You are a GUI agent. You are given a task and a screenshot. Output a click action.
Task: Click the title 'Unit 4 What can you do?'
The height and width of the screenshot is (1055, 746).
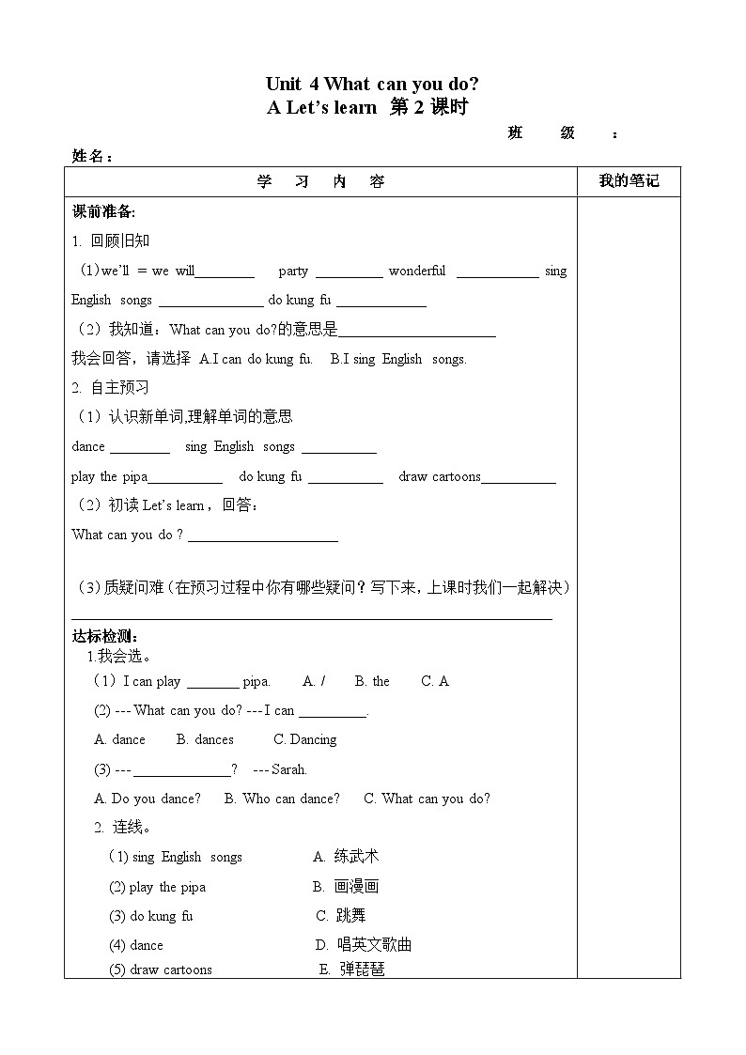pos(372,85)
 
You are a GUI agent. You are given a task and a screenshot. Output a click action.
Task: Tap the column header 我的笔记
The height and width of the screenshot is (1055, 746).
pos(629,181)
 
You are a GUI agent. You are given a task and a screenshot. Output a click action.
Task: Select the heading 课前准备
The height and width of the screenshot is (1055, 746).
pos(103,211)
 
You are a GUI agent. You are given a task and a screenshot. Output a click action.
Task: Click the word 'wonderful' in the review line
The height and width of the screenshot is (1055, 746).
pos(417,271)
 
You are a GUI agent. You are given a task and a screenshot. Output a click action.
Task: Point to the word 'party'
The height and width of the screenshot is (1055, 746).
pos(293,271)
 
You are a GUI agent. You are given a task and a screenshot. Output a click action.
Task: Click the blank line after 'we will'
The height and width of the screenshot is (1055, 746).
pos(225,274)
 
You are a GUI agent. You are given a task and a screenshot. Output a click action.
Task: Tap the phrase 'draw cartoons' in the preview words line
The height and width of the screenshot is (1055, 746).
pos(440,476)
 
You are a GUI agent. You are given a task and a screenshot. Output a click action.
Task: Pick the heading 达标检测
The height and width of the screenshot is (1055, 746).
pos(104,636)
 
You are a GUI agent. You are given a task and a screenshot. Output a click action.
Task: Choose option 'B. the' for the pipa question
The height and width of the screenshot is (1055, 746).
pos(372,681)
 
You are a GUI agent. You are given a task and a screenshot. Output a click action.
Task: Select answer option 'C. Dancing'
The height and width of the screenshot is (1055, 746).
pos(305,739)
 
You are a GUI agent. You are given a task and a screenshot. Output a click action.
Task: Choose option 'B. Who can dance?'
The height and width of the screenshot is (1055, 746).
pos(282,799)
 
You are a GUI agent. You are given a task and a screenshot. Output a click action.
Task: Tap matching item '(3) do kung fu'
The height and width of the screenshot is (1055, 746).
pos(150,916)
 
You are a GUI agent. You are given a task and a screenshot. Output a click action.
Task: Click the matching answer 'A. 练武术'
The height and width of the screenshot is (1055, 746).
pos(346,857)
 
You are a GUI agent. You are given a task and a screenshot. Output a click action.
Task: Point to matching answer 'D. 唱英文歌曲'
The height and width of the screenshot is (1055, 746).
pos(364,945)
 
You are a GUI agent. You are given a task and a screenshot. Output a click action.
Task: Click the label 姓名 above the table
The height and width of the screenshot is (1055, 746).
pos(90,156)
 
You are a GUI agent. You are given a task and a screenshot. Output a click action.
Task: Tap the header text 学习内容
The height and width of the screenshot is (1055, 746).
pos(320,181)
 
